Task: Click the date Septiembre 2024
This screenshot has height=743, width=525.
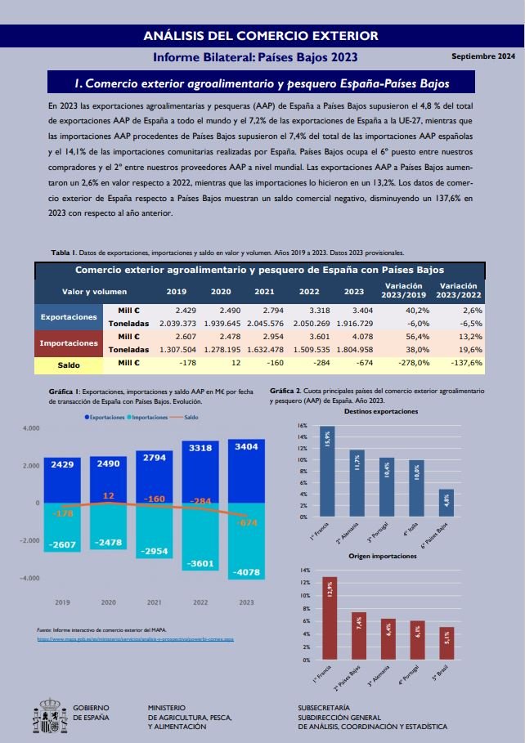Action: pos(483,56)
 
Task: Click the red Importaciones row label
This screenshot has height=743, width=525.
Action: pos(70,342)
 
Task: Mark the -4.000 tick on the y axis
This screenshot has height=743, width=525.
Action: pos(31,578)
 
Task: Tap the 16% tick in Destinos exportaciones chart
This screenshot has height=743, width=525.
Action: pos(303,426)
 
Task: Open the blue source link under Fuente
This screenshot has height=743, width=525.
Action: pos(136,638)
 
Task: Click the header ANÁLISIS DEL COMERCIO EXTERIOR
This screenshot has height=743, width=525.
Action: pos(262,35)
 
